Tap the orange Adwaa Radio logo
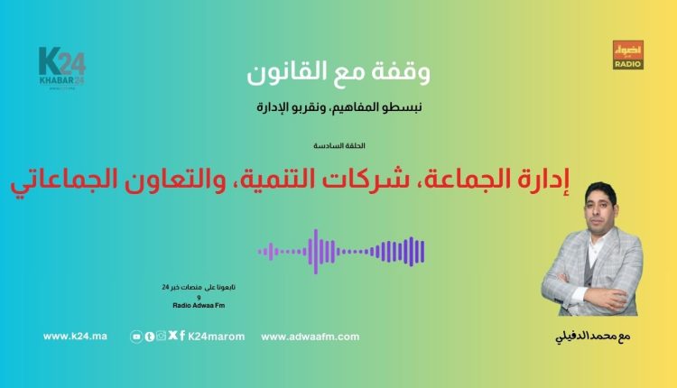pyautogui.click(x=626, y=55)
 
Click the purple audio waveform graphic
pyautogui.click(x=341, y=251)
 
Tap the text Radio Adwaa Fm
pyautogui.click(x=198, y=306)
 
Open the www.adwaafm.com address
pyautogui.click(x=310, y=337)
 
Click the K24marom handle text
pyautogui.click(x=216, y=337)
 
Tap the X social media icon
pyautogui.click(x=172, y=337)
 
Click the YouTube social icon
pyautogui.click(x=136, y=337)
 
